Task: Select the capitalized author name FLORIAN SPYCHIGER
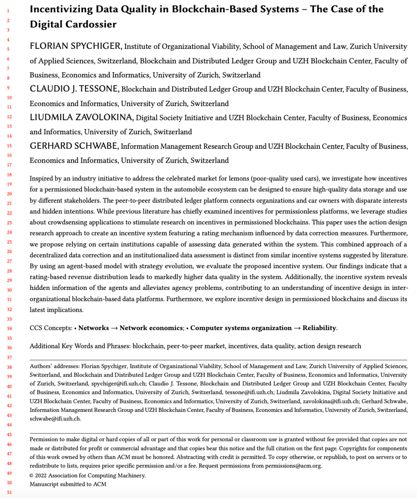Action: (x=75, y=46)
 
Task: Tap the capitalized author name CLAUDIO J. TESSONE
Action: (x=75, y=89)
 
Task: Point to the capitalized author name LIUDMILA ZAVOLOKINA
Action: (x=81, y=117)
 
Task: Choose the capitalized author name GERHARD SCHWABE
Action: (x=74, y=146)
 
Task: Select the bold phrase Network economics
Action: (x=151, y=328)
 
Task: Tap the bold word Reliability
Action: (x=319, y=328)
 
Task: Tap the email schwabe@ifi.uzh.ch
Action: (x=55, y=418)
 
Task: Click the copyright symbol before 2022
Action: (x=32, y=475)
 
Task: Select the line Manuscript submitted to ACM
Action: (x=68, y=484)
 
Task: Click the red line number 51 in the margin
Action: (x=9, y=492)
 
